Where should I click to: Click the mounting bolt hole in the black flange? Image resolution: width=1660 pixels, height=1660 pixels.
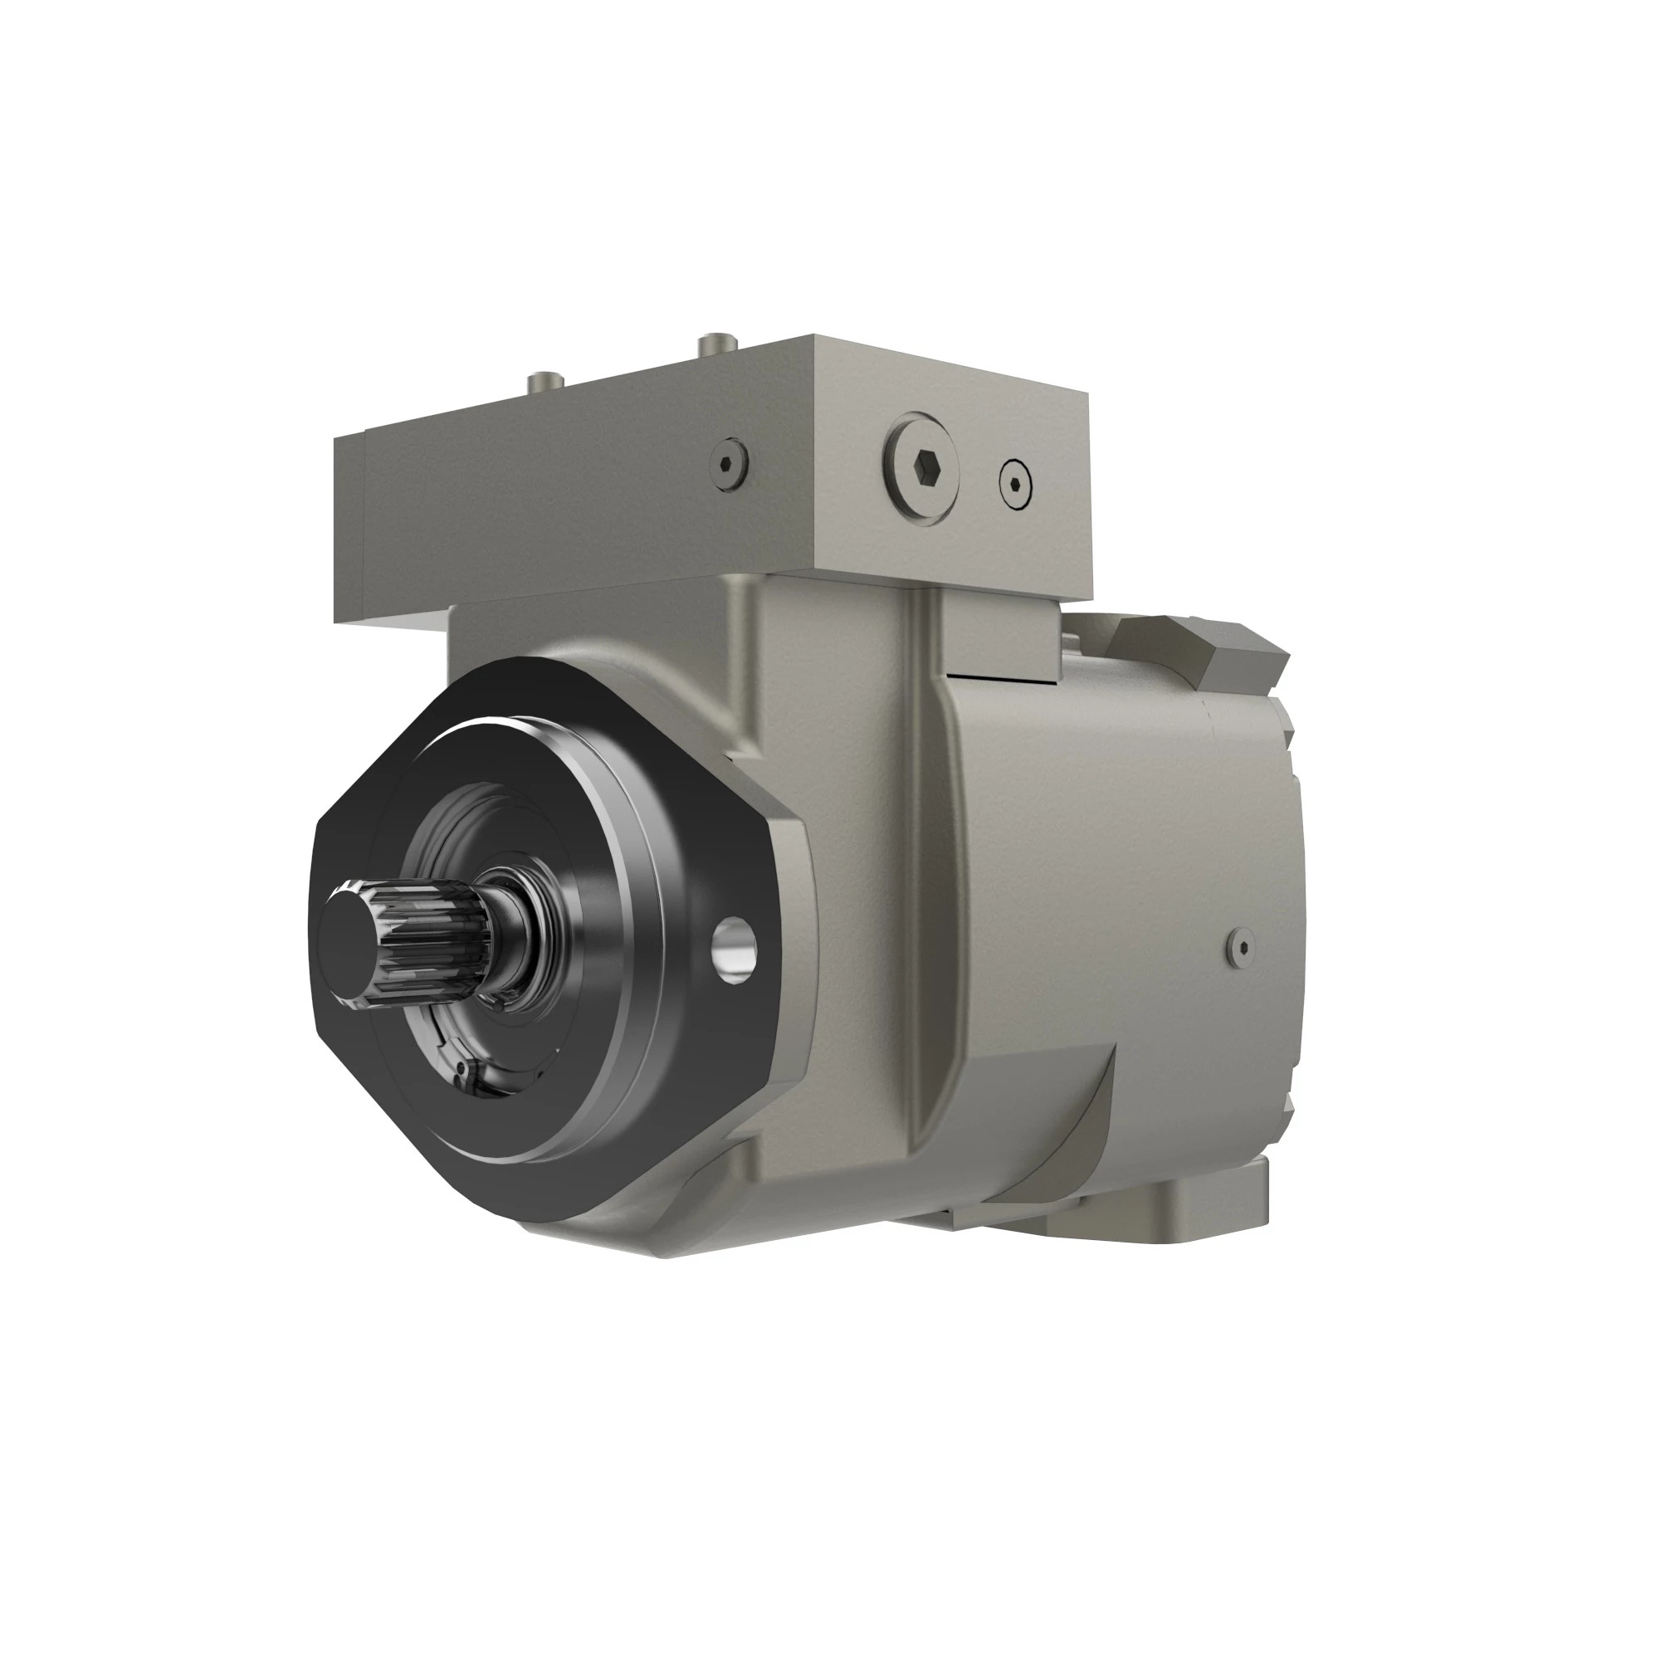pos(735,950)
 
